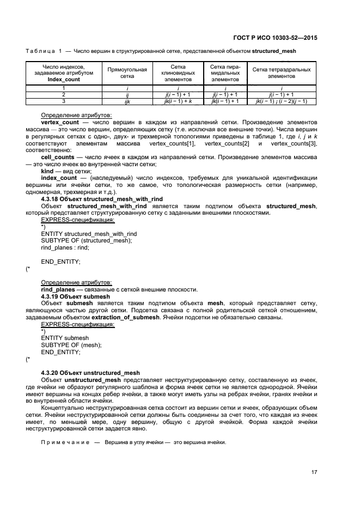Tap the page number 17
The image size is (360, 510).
314,472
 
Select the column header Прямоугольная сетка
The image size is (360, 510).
127,73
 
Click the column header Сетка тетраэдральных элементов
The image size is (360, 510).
281,73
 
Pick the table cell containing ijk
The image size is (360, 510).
127,101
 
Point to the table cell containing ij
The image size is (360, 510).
127,94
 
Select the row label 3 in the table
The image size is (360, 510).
64,101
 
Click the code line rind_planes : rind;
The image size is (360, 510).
65,247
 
